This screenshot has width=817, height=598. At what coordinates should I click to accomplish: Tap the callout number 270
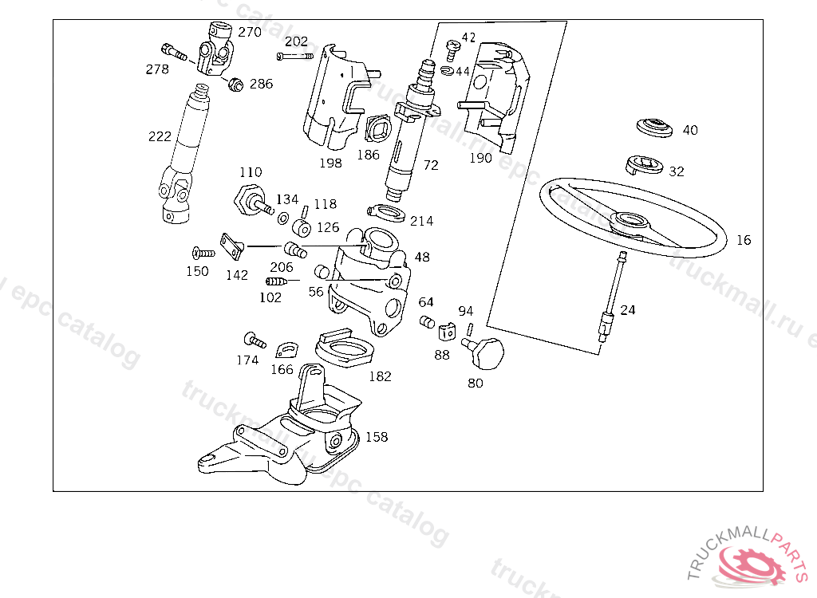pos(250,33)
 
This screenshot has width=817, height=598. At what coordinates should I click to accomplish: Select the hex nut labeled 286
pos(235,84)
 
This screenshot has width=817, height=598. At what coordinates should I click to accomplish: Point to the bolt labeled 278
pos(174,52)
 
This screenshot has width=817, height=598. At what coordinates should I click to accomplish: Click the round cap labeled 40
pos(654,128)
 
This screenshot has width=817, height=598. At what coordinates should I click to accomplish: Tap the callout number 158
pos(377,437)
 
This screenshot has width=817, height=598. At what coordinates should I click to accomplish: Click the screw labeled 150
pos(203,254)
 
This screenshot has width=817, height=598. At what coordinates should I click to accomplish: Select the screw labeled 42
pos(453,49)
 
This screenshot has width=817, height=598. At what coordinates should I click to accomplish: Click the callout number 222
pos(160,136)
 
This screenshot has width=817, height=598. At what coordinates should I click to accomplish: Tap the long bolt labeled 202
pos(295,57)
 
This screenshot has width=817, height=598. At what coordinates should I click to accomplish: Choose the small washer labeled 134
pos(283,218)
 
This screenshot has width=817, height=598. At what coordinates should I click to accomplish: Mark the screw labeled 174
pos(255,340)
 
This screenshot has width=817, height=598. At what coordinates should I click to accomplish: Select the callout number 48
pos(422,258)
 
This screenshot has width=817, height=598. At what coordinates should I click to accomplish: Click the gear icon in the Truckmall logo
pos(753,565)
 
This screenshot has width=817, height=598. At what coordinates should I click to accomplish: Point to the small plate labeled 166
pos(286,350)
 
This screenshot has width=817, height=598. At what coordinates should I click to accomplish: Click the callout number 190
pos(480,158)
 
